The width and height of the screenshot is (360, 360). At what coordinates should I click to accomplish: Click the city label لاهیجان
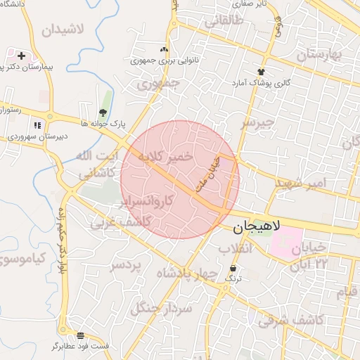(x=256, y=227)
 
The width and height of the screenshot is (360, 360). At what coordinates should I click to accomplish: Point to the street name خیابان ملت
(x=210, y=173)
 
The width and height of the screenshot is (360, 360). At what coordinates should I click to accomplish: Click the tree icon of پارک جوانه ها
(x=103, y=112)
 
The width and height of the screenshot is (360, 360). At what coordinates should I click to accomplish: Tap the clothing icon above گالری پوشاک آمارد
(x=262, y=72)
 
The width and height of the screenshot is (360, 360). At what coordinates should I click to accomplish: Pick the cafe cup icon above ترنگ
(x=233, y=269)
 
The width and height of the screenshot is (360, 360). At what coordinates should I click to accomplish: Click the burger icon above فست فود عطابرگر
(x=81, y=335)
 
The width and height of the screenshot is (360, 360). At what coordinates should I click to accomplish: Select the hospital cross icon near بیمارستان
(x=21, y=55)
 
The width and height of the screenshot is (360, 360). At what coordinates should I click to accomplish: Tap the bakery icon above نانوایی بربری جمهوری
(x=165, y=49)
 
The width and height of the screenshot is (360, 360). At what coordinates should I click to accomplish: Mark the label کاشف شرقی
(x=290, y=320)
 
